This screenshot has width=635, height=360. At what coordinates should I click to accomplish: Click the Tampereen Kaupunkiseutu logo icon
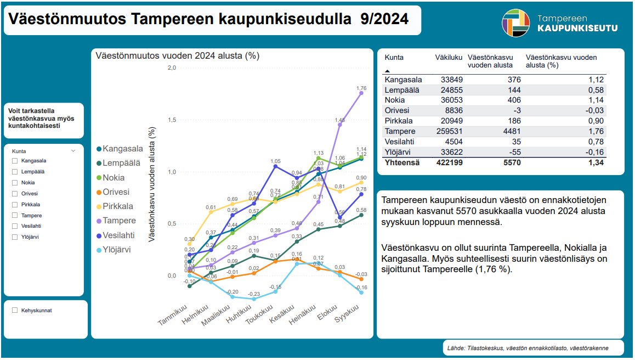tap(515, 22)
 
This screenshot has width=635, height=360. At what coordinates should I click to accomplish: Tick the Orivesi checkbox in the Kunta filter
tap(15, 193)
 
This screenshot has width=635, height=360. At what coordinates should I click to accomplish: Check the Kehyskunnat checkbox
tap(15, 310)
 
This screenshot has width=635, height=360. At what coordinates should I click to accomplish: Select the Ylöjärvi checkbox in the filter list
tap(15, 237)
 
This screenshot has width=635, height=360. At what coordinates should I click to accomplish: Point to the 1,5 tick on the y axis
tap(171, 120)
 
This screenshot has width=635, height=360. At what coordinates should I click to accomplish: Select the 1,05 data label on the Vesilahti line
tap(275, 161)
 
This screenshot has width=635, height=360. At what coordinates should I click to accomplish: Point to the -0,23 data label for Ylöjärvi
tap(253, 294)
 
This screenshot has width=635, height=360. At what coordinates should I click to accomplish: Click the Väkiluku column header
tap(449, 57)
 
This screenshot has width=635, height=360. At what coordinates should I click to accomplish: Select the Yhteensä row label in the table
tap(401, 162)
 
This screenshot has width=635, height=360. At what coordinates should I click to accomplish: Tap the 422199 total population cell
tap(449, 162)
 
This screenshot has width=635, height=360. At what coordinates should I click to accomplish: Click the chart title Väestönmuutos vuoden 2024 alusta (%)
tap(177, 55)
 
